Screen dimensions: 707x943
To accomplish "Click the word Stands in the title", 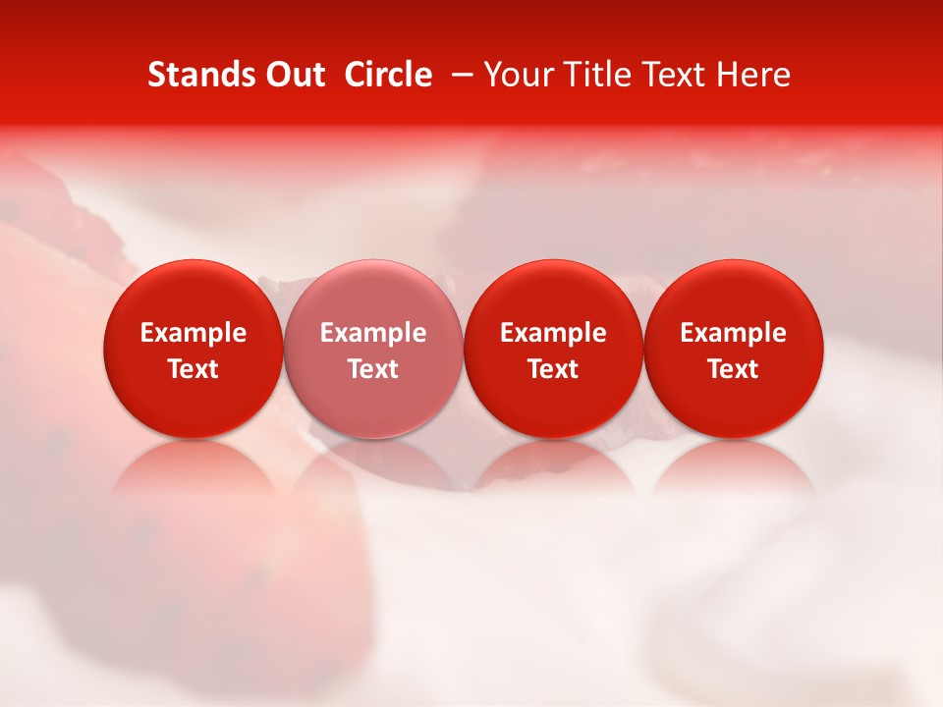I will tap(199, 75).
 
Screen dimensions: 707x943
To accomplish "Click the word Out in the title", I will tap(294, 75).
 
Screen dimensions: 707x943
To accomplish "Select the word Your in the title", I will tap(520, 75).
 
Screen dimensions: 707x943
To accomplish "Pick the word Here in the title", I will tap(753, 75).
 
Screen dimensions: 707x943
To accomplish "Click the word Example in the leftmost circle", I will tap(193, 333).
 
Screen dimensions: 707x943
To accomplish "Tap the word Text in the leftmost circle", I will tap(193, 369).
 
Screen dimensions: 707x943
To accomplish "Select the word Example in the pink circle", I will tap(373, 333).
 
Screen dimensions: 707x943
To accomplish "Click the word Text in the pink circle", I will tap(373, 369).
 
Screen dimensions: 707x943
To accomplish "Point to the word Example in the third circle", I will tap(553, 333).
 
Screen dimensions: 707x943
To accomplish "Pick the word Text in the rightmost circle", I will tap(733, 369).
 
